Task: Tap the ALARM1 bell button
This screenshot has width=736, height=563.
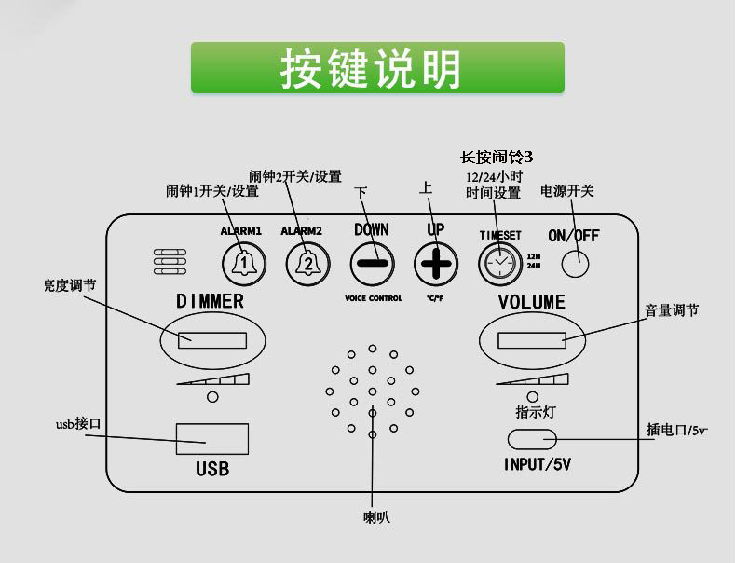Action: (x=240, y=264)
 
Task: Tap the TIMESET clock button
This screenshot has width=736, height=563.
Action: (x=499, y=264)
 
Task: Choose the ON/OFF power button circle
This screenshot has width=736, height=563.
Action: (x=575, y=264)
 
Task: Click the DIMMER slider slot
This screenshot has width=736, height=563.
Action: (x=212, y=339)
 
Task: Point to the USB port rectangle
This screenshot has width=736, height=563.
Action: (x=212, y=438)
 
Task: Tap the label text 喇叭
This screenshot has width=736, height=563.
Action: (x=376, y=516)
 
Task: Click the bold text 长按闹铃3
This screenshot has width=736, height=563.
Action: (x=497, y=157)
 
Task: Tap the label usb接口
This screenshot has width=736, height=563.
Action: (x=78, y=425)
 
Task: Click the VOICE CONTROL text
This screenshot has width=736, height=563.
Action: (x=373, y=298)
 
